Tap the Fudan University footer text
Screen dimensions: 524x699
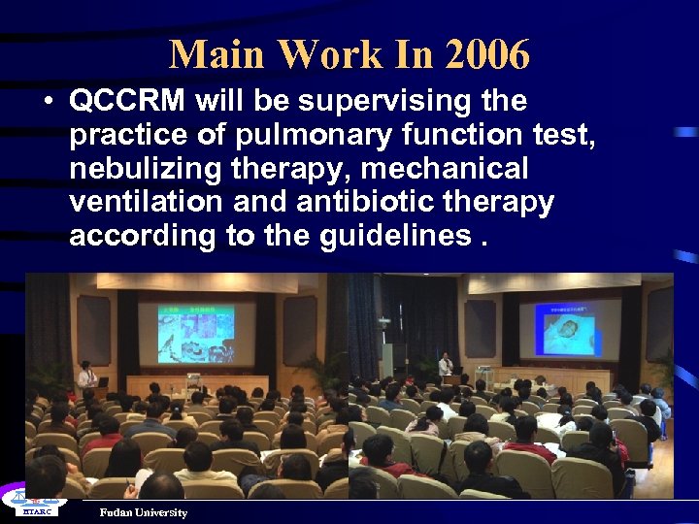143,512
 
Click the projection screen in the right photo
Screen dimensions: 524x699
569,328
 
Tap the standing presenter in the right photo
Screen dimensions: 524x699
446,367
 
